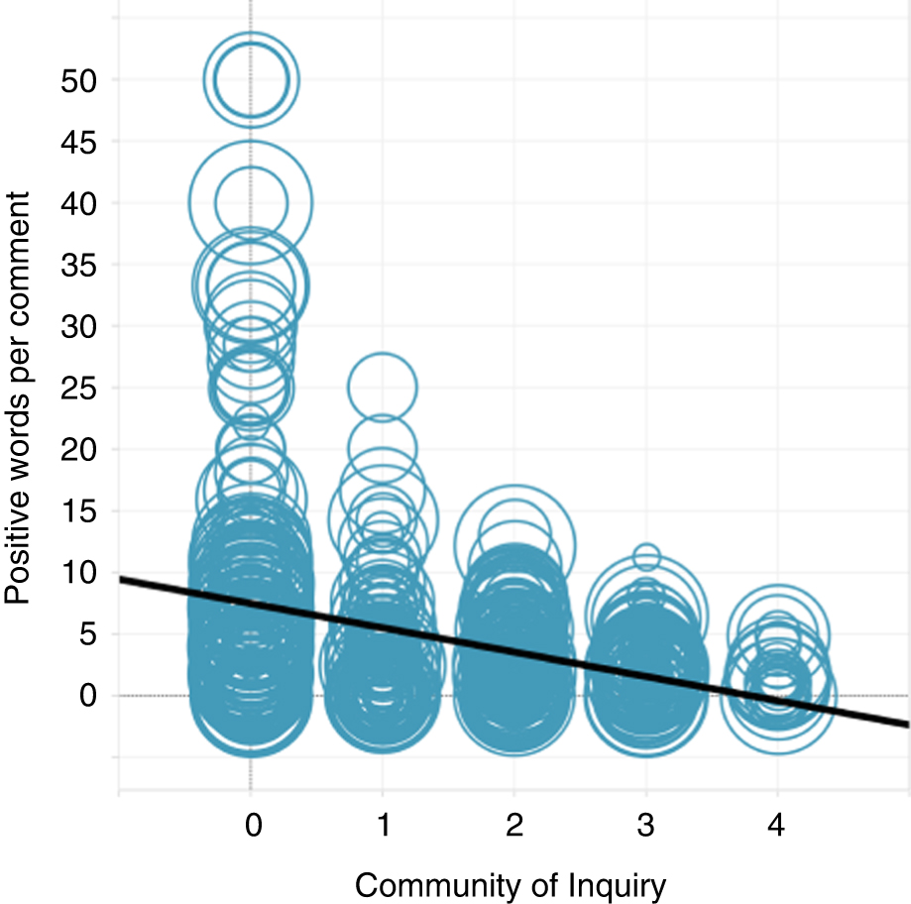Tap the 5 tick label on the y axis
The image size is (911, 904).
[89, 633]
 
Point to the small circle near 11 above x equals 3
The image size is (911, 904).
[646, 557]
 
